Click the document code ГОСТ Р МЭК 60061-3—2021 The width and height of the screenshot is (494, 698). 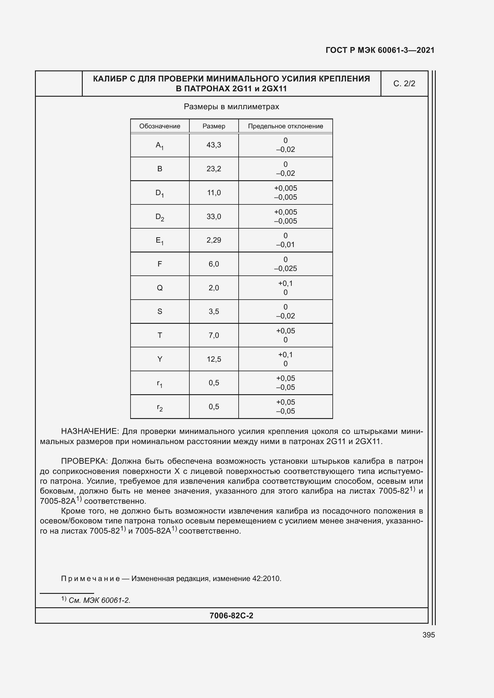tap(380, 50)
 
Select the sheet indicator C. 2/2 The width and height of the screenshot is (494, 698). tap(404, 84)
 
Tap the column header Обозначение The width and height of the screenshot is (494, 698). tap(160, 126)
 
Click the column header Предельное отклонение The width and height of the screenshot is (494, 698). tap(285, 126)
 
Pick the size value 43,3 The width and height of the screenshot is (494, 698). tap(214, 145)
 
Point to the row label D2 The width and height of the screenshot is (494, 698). tap(160, 217)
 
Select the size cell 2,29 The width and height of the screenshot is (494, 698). tap(214, 240)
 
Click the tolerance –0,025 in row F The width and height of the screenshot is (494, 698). tap(285, 269)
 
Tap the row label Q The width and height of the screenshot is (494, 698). tap(160, 288)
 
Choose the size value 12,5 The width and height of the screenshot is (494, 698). tap(214, 359)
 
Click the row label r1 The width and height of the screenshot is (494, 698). tap(160, 383)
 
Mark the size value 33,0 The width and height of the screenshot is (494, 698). tap(214, 216)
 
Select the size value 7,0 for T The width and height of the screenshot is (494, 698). tap(214, 335)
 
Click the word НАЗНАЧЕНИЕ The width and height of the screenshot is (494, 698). tap(90, 432)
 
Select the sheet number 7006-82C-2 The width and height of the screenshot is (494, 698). tap(231, 616)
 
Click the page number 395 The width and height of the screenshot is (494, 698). tap(429, 635)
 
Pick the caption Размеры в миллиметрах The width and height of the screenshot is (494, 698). tap(231, 107)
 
